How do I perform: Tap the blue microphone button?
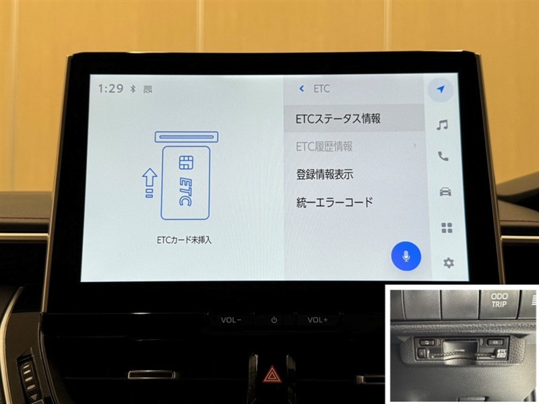point(406,257)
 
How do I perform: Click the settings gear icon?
point(448,263)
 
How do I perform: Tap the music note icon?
point(442,125)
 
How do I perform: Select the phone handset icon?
point(443,156)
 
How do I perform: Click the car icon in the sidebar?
point(445,191)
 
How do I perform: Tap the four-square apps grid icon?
point(447,228)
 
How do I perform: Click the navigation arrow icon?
point(441,89)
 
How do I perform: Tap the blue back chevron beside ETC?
point(301,89)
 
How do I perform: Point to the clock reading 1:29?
point(110,89)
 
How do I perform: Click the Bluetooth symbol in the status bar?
point(133,89)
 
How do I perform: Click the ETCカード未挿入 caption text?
point(184,240)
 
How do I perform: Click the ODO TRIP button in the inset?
point(499,300)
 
